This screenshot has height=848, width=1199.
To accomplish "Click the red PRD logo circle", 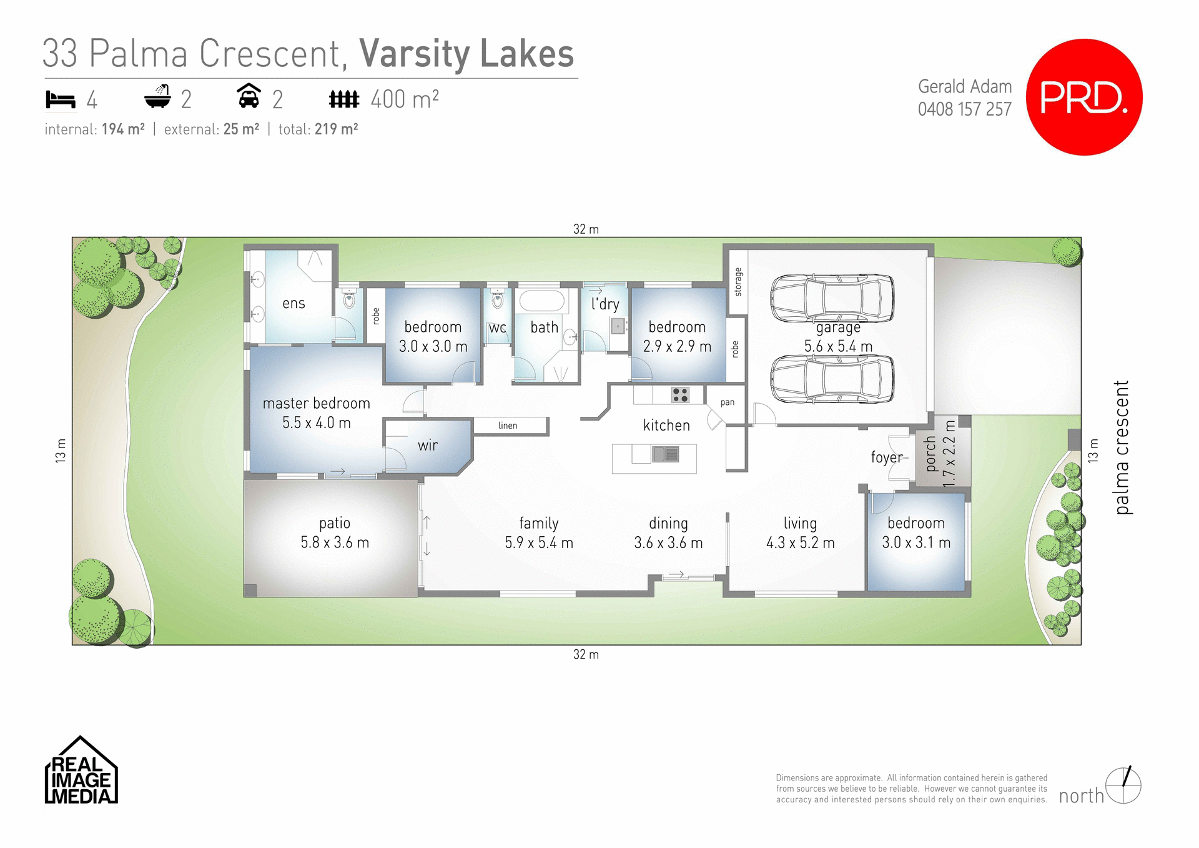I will pos(1084,97).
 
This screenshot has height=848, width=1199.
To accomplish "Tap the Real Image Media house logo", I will pos(81,771).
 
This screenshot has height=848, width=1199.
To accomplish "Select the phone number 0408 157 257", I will pos(964,109).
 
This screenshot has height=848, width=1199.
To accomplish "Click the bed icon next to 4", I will pos(61,99).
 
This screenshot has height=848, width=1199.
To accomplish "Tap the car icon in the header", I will pos(249,97).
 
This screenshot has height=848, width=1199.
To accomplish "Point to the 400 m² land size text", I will pos(404,99).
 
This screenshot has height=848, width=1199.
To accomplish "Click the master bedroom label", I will pos(316,404).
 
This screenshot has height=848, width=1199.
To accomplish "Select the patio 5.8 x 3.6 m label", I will pos(335,532).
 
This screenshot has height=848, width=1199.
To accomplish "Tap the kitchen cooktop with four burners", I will pos(680,395).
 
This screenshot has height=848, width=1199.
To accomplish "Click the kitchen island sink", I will pos(665,454).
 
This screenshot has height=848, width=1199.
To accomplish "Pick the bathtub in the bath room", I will pos(542,301).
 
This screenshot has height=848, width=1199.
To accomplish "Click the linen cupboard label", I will pos(508,426).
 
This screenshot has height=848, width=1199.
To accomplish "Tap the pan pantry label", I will pos(728,402).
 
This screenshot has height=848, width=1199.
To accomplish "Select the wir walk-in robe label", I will pos(428,446).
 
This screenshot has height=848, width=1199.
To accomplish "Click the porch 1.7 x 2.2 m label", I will pos(940,453).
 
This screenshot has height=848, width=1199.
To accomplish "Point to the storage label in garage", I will pos(738,281).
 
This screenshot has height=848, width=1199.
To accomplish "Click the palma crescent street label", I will pos(1122,447).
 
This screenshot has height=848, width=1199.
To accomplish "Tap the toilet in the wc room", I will pos(498,301).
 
